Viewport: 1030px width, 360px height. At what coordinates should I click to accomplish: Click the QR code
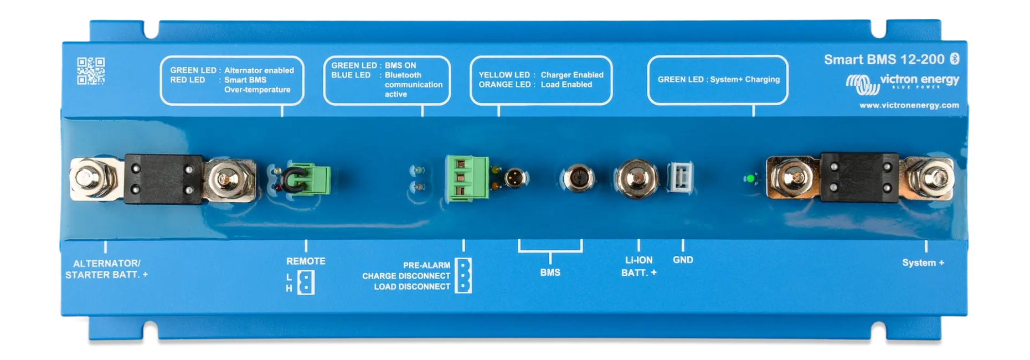tap(91, 71)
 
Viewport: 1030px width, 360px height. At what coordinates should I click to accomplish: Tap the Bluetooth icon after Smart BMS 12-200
tap(954, 59)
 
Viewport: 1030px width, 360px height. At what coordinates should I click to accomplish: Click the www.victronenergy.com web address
tap(909, 105)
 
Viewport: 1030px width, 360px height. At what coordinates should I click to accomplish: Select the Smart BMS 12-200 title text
tap(884, 59)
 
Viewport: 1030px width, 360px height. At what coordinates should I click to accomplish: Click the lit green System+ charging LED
tap(750, 178)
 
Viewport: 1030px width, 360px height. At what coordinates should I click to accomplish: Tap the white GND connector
tap(681, 177)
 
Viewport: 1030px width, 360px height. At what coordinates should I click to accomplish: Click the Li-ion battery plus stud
tap(637, 178)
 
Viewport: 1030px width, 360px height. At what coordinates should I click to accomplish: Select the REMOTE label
tap(306, 261)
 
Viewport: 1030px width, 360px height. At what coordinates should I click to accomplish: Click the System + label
tap(923, 263)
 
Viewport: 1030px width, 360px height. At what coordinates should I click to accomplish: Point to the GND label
tap(683, 260)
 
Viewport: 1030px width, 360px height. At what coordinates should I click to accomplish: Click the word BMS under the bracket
tap(550, 272)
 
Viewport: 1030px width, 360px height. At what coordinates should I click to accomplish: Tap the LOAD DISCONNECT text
tap(411, 286)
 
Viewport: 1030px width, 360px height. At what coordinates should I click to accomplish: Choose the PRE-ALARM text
tap(426, 265)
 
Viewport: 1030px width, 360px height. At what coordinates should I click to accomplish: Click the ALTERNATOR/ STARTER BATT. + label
tap(106, 269)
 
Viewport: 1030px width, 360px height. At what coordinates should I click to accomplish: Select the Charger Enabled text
tap(571, 75)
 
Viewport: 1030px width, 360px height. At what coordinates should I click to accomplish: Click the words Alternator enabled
tap(259, 70)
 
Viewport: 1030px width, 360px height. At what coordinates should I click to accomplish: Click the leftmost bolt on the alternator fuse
tap(87, 179)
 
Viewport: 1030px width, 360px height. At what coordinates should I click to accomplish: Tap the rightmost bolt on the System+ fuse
tap(935, 178)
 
